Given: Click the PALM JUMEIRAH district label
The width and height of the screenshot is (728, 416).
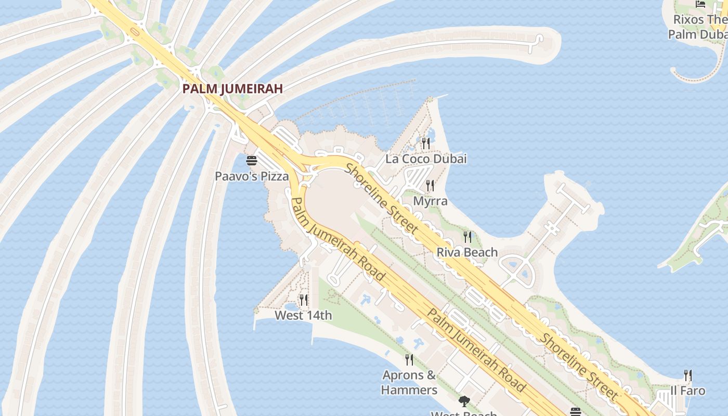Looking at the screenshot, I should (232, 89).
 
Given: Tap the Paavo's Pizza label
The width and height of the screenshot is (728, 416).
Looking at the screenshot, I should (252, 176).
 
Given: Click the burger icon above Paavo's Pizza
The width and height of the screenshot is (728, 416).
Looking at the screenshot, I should (252, 160).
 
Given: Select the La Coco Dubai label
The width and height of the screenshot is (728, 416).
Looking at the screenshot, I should (426, 159).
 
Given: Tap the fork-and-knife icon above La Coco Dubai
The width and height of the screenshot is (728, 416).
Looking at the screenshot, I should (426, 143).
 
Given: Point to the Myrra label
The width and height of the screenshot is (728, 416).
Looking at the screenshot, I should (430, 201).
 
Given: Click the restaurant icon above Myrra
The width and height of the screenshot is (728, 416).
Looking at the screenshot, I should (430, 185).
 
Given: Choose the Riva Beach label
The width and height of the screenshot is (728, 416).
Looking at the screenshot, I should (467, 252).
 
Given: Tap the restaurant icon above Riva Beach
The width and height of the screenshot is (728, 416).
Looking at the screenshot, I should (467, 237).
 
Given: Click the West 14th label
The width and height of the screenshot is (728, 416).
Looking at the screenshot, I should (303, 315).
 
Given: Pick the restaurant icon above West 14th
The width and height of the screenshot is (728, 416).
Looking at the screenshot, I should (304, 300).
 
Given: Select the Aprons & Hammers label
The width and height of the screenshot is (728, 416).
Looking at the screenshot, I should (409, 382).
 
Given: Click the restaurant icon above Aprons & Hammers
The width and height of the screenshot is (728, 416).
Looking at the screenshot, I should (409, 359).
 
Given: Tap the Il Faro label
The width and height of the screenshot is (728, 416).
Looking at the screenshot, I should (687, 391).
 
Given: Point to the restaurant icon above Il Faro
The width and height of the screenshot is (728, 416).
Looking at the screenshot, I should (688, 375).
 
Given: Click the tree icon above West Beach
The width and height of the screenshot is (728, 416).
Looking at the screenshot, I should (464, 401).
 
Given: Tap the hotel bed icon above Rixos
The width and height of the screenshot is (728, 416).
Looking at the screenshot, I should (700, 4).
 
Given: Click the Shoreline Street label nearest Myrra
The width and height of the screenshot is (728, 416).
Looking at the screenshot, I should (382, 199).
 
